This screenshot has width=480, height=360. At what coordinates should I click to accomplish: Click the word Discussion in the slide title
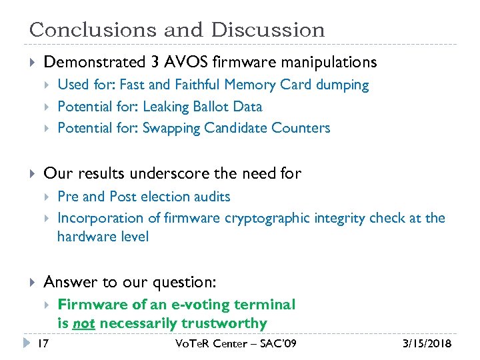(x=268, y=30)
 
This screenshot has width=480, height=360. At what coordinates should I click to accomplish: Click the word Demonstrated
(x=93, y=63)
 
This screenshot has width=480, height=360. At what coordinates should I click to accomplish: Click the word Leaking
(x=166, y=107)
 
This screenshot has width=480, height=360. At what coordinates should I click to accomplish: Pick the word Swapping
(x=171, y=128)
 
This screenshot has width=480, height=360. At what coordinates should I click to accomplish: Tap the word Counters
(x=303, y=128)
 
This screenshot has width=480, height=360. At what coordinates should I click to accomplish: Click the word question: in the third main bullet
(x=188, y=283)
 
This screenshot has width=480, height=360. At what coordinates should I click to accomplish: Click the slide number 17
(x=43, y=344)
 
